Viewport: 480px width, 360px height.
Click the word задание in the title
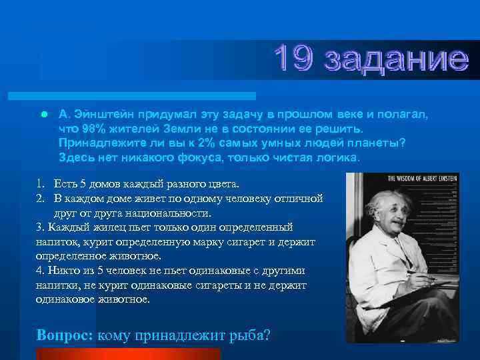point(396,59)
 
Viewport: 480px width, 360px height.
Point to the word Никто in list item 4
point(64,271)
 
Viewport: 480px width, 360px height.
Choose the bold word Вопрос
point(65,335)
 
